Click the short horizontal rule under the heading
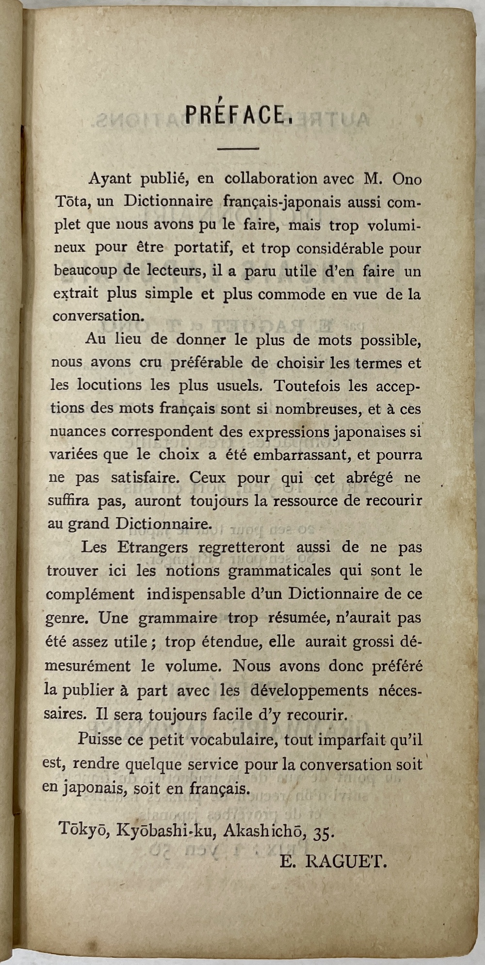click(238, 149)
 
